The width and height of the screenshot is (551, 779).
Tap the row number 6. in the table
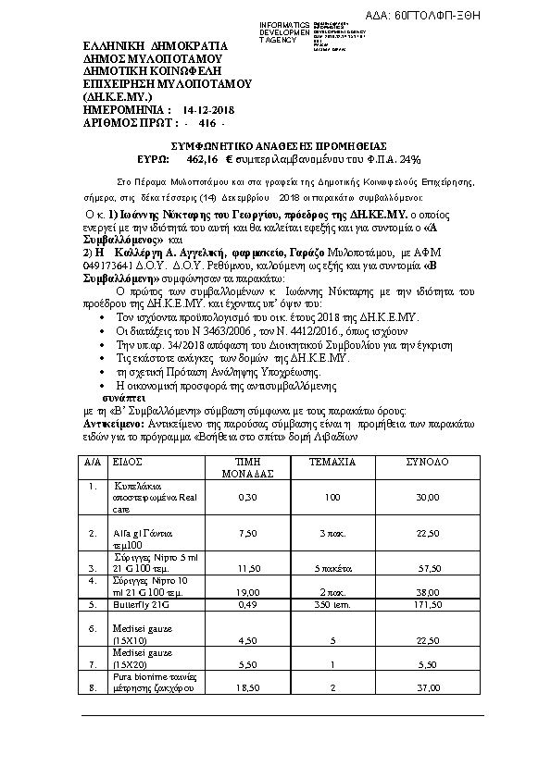click(92, 627)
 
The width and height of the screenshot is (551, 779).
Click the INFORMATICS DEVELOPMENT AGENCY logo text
click(285, 31)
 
